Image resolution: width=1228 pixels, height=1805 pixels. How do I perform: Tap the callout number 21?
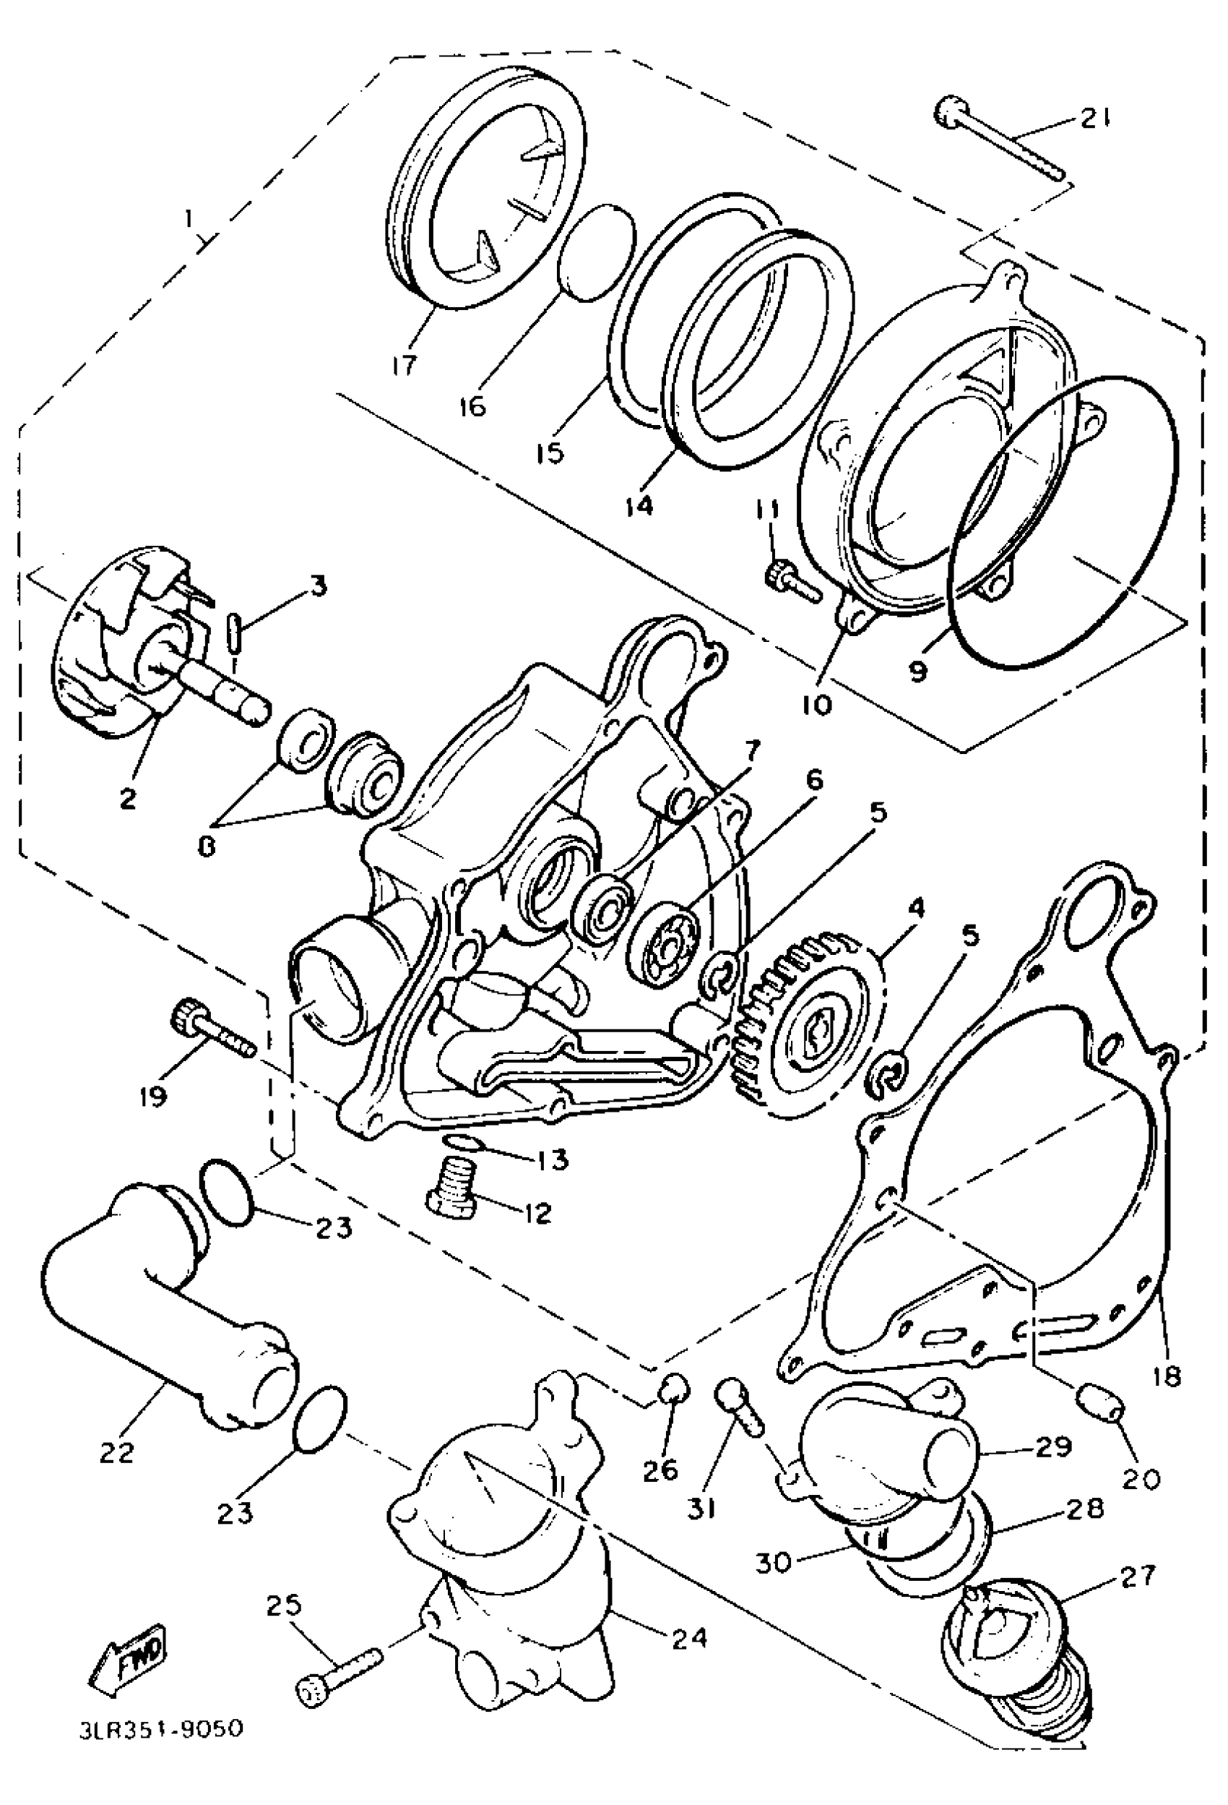coord(1094,118)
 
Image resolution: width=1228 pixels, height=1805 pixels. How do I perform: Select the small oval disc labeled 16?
coord(597,252)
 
